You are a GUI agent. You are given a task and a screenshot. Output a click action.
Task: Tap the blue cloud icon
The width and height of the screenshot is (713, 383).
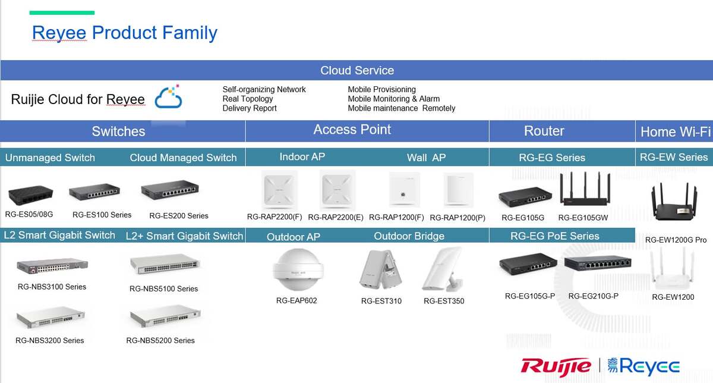(168, 97)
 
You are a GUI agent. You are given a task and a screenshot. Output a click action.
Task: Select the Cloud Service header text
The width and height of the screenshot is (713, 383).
(357, 70)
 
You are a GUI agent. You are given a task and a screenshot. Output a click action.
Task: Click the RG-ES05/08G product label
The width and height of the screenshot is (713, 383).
(29, 215)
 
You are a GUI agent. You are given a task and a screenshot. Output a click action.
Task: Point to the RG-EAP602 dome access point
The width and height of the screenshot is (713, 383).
(298, 269)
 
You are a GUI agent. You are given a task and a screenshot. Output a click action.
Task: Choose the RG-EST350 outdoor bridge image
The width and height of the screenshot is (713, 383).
(443, 269)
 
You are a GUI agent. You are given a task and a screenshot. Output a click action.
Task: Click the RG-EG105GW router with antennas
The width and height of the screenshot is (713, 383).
(585, 189)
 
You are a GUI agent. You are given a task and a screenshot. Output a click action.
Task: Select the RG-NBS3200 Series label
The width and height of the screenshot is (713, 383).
(50, 341)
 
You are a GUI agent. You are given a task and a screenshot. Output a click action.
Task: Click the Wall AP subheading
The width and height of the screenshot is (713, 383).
(426, 158)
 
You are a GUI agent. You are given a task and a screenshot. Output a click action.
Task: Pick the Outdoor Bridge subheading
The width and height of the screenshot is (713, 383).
(409, 236)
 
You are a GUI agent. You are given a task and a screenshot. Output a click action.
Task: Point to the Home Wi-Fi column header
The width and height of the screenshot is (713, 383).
(676, 131)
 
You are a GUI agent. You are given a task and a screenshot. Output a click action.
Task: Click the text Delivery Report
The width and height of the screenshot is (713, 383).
(250, 108)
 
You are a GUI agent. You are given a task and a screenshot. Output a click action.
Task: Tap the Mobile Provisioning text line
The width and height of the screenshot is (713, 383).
(381, 90)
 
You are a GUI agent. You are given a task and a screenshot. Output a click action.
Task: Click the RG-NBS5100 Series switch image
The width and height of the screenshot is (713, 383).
(165, 264)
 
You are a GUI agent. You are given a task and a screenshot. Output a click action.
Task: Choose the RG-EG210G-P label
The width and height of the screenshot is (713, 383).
(594, 296)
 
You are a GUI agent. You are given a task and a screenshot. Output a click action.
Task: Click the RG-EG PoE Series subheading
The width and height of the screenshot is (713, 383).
(555, 236)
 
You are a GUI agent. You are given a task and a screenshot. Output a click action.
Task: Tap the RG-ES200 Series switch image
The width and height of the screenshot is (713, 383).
(170, 190)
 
